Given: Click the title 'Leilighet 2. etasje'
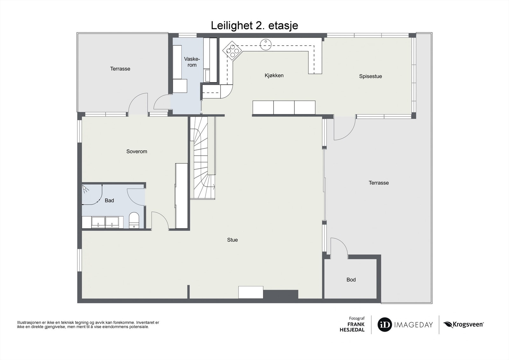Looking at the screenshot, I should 254,25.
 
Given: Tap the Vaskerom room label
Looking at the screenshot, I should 192,62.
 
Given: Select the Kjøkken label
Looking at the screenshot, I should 274,75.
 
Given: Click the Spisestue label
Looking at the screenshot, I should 370,76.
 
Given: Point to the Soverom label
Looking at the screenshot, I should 137,152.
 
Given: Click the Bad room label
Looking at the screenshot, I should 109,201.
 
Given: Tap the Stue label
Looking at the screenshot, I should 232,240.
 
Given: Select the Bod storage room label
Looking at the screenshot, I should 351,280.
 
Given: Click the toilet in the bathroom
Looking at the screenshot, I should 134,220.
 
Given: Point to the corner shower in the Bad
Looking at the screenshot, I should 91,194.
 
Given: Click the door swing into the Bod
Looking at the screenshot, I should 339,247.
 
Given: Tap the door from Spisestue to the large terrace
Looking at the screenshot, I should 344,129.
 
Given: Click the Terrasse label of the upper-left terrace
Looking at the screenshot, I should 120,69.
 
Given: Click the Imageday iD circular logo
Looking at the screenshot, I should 385,325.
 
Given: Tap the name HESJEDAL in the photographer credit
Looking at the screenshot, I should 352,330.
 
